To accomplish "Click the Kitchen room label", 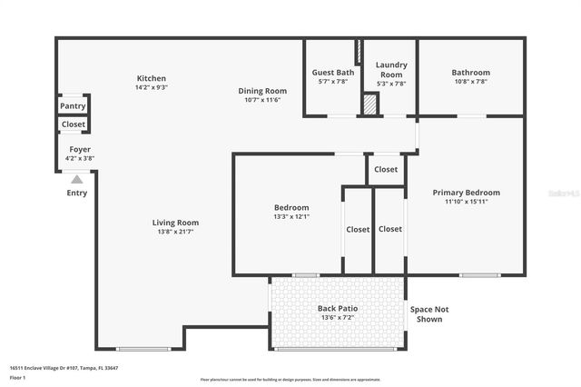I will click(151, 78).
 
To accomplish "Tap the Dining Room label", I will click(262, 90).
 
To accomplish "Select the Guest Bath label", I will click(333, 72).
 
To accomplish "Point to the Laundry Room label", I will click(391, 69).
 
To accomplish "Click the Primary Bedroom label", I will click(466, 193).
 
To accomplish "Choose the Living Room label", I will click(175, 223).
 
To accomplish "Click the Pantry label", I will click(73, 106).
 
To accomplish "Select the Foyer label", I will click(80, 149).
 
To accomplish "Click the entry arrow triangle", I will click(77, 180).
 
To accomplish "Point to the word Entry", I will click(77, 193).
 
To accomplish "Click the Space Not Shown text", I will click(429, 314).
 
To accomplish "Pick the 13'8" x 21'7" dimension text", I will click(175, 233).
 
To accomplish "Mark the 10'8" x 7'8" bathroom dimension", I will click(470, 82).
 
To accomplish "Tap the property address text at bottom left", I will click(64, 368).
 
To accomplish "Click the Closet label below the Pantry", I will click(74, 124).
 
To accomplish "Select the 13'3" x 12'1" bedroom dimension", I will click(291, 216).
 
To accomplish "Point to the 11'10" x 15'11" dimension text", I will click(466, 202).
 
